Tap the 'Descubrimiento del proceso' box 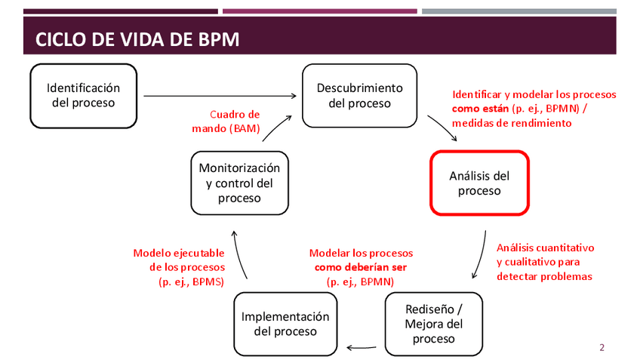359,95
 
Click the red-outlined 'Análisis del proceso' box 479,183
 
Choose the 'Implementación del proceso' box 285,324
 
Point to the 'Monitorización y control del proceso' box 240,183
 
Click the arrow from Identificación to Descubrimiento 219,96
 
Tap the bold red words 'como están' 480,109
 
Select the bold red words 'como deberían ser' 361,267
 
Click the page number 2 602,347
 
